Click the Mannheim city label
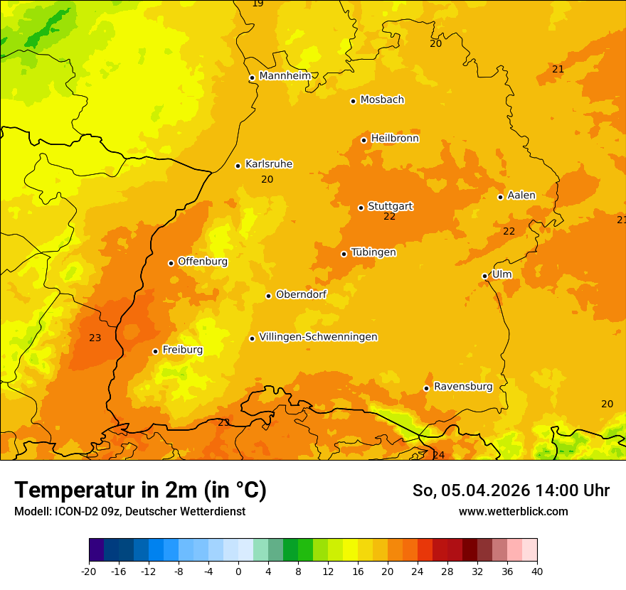click(x=285, y=76)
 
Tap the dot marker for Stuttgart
click(x=361, y=208)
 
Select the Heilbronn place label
click(x=395, y=139)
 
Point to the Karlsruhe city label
click(x=268, y=164)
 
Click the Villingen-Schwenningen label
click(x=318, y=337)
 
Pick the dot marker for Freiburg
click(x=155, y=351)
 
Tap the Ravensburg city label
click(x=462, y=387)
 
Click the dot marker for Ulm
click(x=484, y=276)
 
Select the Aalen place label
click(x=521, y=195)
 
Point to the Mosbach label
click(x=381, y=100)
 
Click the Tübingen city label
click(x=373, y=252)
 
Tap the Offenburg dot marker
click(x=171, y=263)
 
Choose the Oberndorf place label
click(x=301, y=294)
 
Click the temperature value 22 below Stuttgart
click(x=389, y=217)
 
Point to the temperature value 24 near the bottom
click(x=438, y=455)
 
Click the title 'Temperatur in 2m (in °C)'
click(x=140, y=490)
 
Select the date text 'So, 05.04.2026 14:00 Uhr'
click(x=511, y=490)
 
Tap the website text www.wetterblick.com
click(x=513, y=511)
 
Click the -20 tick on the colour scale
click(x=89, y=571)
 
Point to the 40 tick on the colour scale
click(x=536, y=571)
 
